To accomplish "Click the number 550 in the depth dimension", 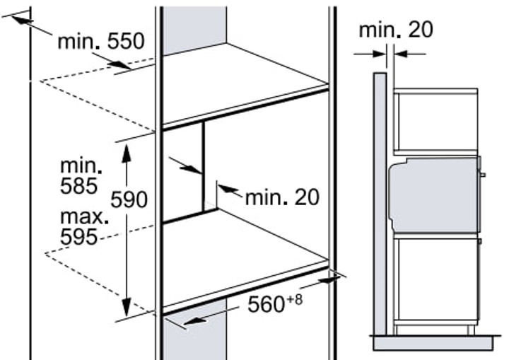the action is tap(126, 41).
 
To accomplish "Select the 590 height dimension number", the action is tap(129, 199).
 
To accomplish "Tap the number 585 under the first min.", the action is tap(79, 186).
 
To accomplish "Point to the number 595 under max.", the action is tap(79, 237).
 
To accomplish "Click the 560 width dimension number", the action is tap(267, 304).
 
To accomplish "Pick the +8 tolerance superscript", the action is tap(294, 299).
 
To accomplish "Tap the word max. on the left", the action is tap(84, 216).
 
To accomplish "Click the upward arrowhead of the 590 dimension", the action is tap(127, 153).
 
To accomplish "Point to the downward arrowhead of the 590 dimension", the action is tap(127, 307).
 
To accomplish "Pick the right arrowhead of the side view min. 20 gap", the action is tap(402, 54).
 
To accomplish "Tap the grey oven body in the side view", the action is tap(435, 195).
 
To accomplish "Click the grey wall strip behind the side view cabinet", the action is tap(380, 204).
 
